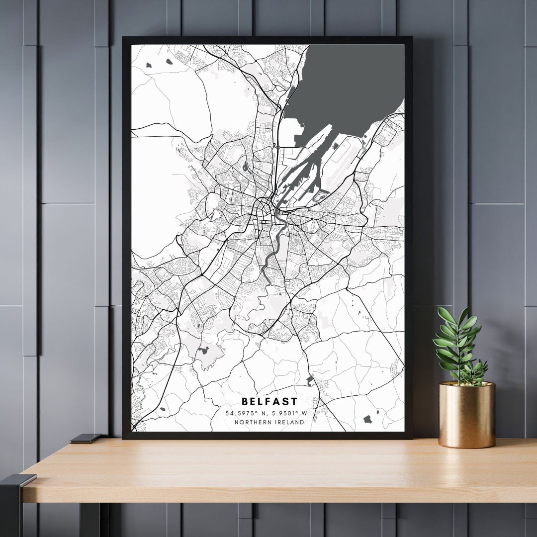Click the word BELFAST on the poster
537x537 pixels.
(269, 401)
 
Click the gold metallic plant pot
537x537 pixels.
(467, 415)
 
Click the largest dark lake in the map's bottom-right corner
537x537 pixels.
(368, 419)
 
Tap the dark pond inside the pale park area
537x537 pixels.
(203, 351)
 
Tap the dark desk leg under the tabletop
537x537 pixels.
(89, 520)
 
